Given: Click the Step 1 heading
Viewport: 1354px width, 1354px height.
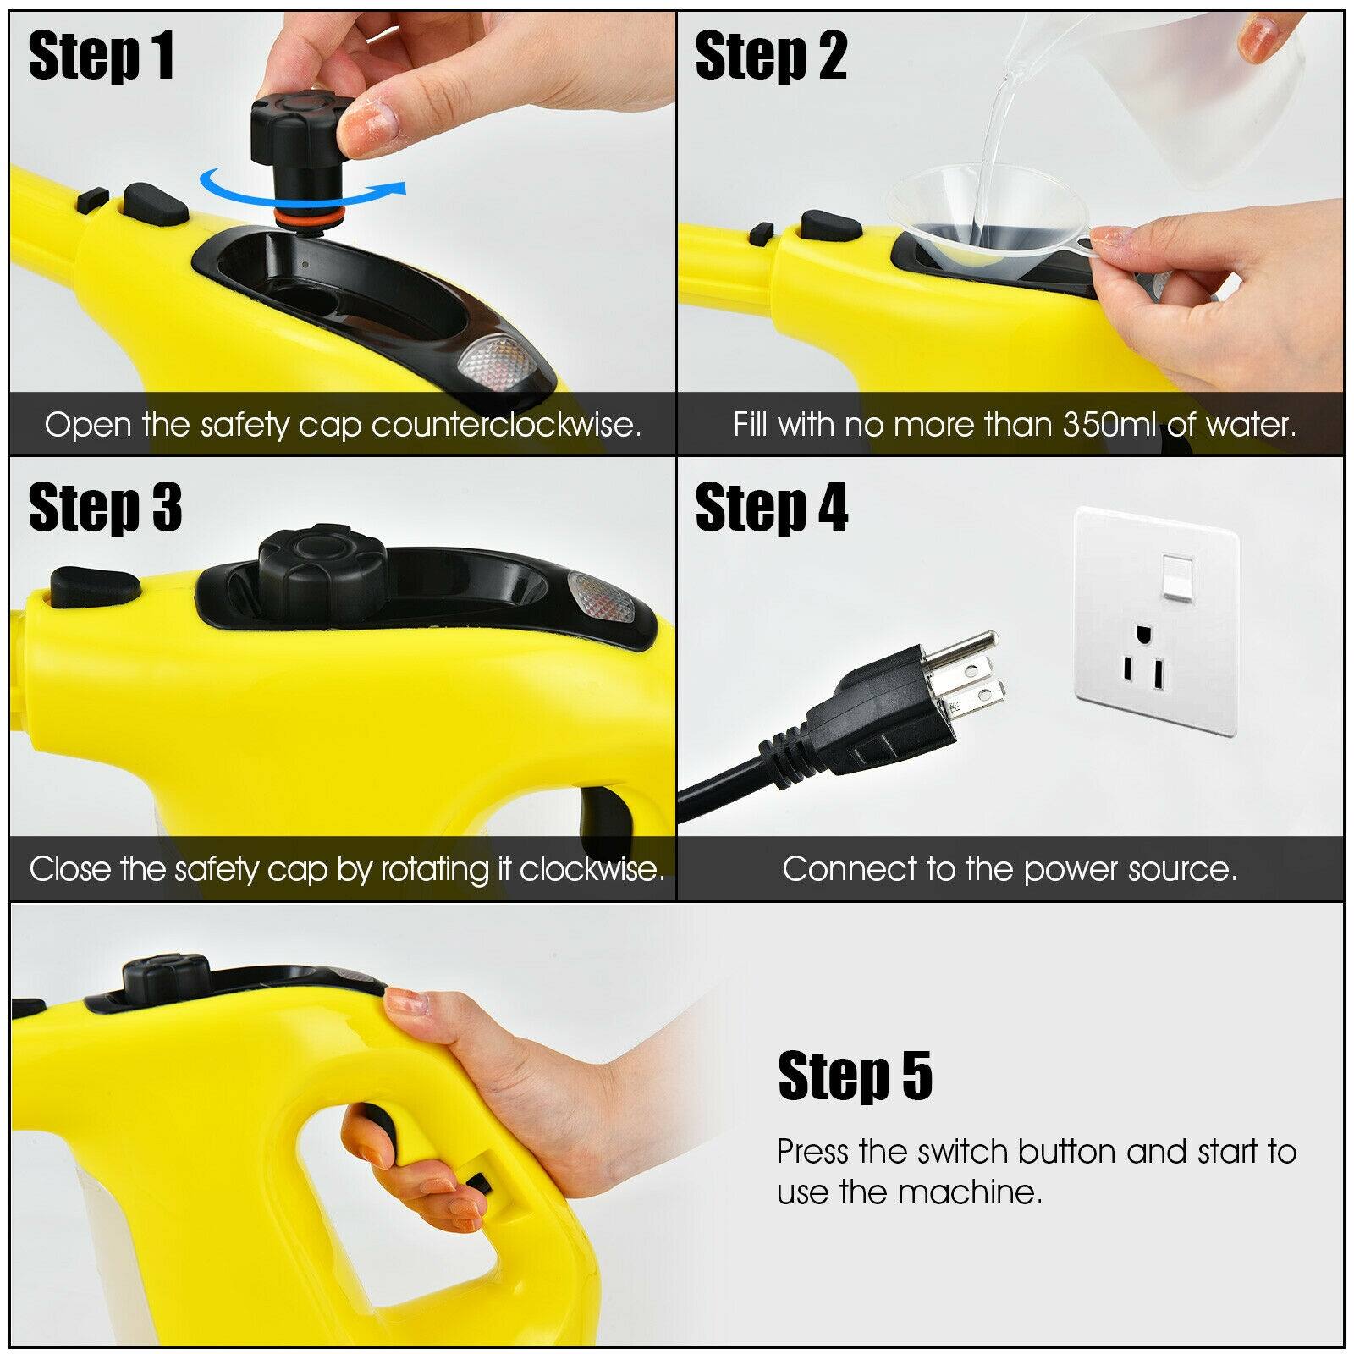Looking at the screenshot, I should [x=102, y=57].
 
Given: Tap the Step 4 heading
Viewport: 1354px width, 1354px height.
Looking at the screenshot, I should [x=771, y=509].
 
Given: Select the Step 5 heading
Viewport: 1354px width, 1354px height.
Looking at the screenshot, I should [x=855, y=1076].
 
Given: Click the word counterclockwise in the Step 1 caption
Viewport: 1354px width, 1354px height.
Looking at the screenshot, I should [x=505, y=425].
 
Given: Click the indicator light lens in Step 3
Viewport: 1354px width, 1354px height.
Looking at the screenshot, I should [x=597, y=595].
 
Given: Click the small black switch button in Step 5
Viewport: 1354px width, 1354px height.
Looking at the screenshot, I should [x=480, y=1182].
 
